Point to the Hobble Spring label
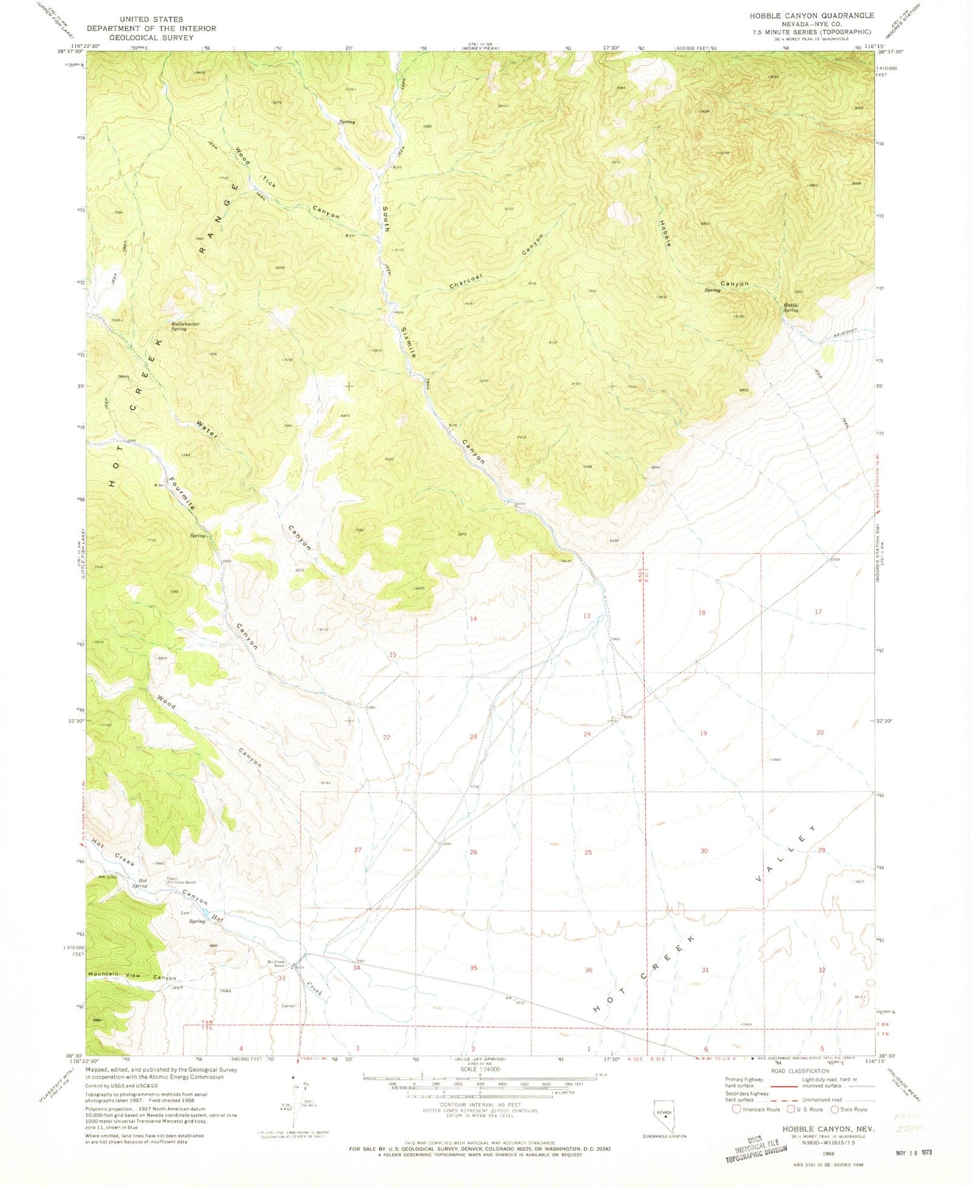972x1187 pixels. tap(791, 307)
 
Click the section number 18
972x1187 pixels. tap(702, 612)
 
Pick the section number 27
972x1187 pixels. tap(358, 849)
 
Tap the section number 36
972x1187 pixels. tap(588, 970)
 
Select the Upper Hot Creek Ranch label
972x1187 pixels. tap(181, 881)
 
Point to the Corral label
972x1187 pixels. tap(288, 1006)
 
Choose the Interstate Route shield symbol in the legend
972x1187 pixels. tap(736, 1109)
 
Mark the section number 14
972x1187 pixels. tap(473, 619)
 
